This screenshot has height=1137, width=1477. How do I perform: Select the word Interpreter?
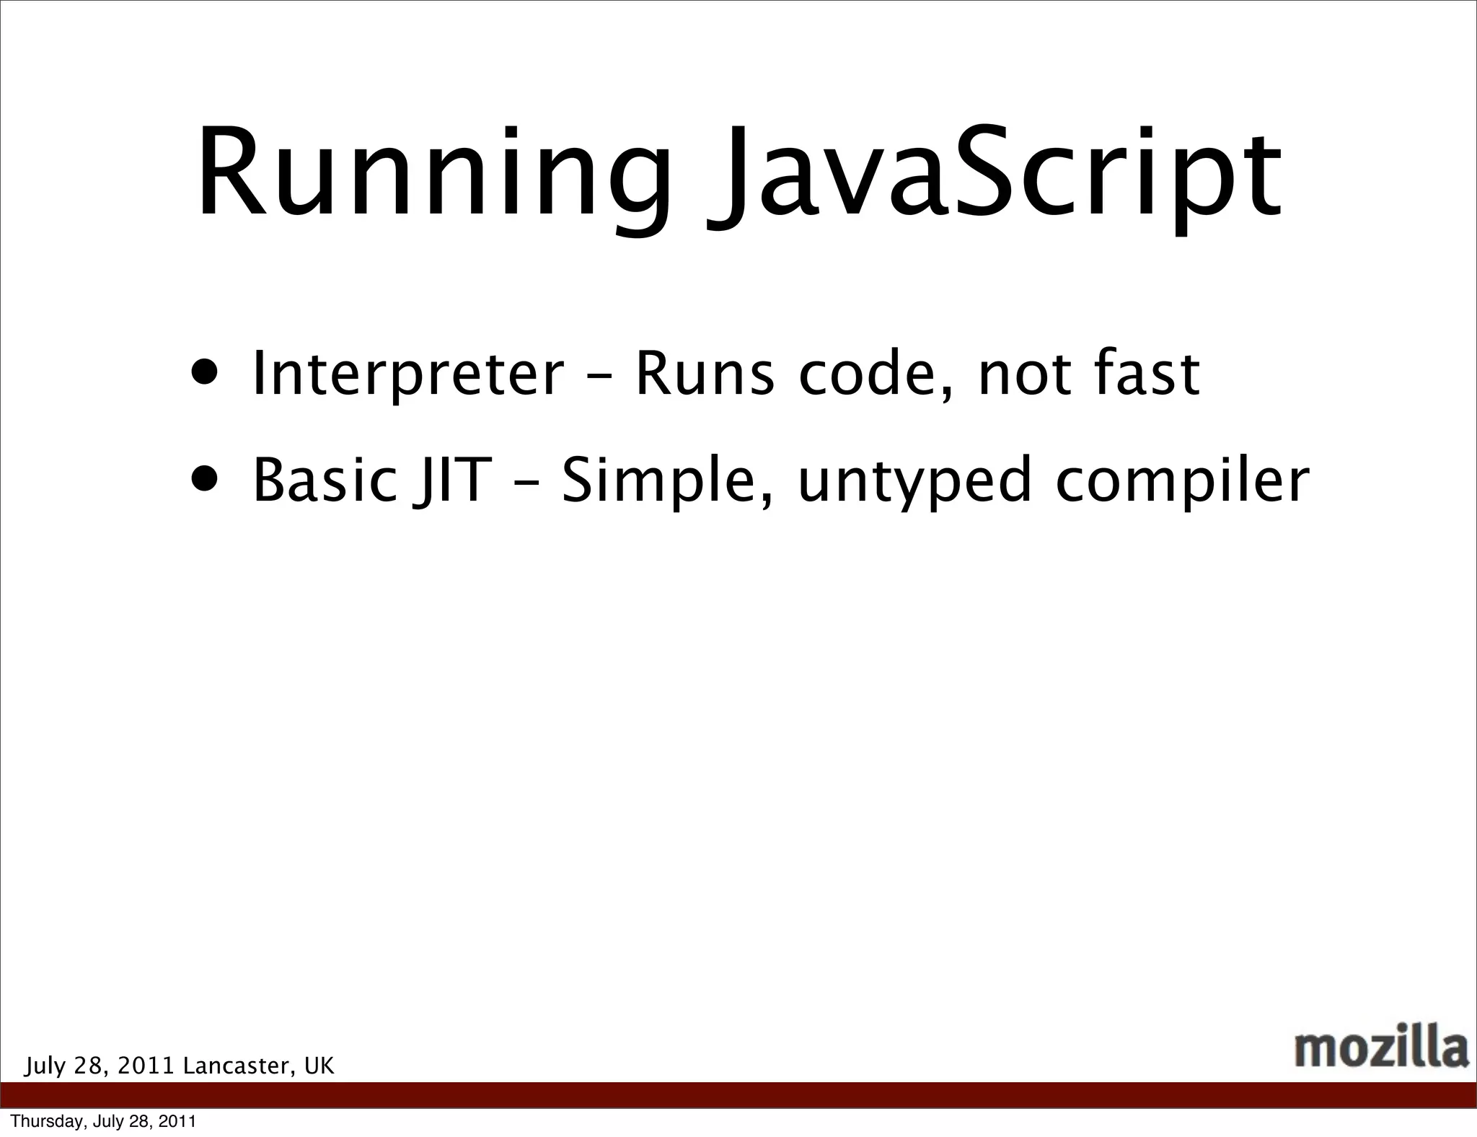tap(407, 374)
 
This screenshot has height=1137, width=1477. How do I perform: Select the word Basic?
tap(325, 480)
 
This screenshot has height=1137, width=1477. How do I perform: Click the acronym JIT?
tap(452, 481)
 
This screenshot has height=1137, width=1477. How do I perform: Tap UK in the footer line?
tap(319, 1066)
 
